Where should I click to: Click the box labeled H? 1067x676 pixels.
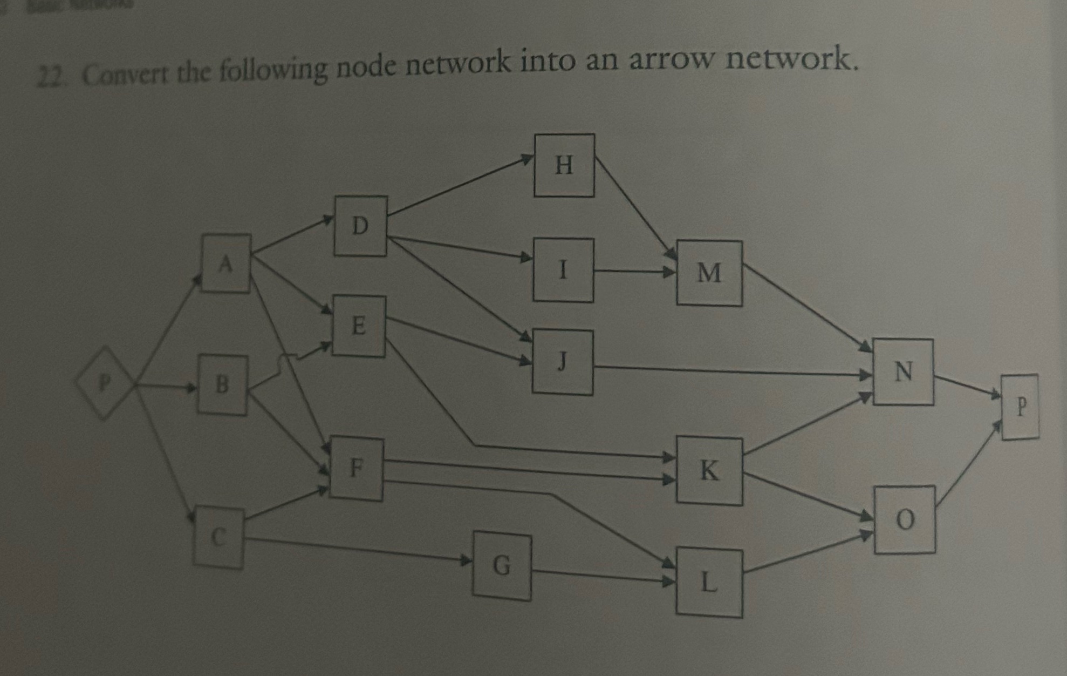point(564,165)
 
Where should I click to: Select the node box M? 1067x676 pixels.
point(709,273)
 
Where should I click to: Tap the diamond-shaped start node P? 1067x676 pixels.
point(105,383)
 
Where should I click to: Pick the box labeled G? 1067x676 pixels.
point(502,566)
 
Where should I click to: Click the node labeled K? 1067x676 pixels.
point(709,471)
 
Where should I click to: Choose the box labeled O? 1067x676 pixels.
point(905,519)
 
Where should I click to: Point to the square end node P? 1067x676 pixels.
point(1020,407)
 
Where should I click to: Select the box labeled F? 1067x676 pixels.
point(357,469)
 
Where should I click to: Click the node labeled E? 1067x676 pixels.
point(359,326)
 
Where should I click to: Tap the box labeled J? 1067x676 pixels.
point(563,362)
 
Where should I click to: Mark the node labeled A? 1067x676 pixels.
point(226,263)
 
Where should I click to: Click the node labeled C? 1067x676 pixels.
point(218,537)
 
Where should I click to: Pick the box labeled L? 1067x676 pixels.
point(709,583)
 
